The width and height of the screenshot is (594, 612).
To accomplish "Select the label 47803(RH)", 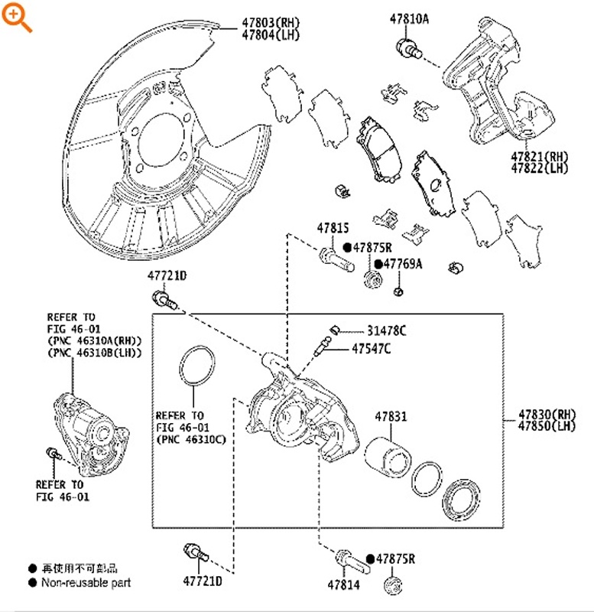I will [x=271, y=22].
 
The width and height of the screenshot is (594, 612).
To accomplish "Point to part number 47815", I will [x=333, y=228].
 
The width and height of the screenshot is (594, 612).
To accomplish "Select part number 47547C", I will [x=372, y=349].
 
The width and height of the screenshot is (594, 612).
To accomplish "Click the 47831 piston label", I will [x=390, y=418].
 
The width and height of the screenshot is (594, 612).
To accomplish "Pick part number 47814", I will [x=342, y=584].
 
